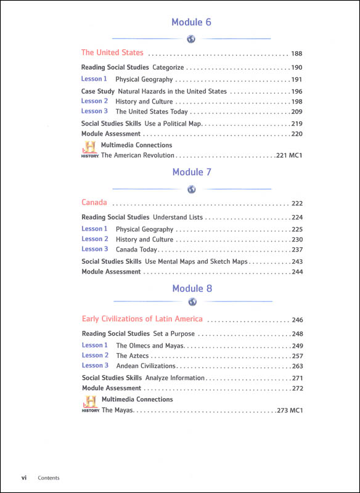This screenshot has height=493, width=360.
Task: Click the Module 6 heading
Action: tap(191, 23)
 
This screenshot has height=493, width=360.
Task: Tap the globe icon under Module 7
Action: tap(192, 189)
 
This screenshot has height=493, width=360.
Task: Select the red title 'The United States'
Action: tap(112, 53)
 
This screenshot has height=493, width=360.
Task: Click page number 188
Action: tap(297, 54)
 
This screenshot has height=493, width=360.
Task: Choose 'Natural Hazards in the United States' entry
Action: tap(171, 92)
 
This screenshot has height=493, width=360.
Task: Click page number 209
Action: tap(297, 112)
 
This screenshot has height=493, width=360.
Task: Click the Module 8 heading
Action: tap(192, 288)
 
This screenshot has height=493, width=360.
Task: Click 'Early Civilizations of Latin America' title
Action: tap(142, 319)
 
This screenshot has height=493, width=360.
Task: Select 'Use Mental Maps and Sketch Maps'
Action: tap(197, 262)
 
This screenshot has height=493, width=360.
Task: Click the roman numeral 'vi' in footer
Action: tap(23, 478)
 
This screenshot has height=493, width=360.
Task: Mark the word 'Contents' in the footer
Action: tap(49, 478)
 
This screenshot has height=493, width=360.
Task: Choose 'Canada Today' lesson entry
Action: tap(136, 250)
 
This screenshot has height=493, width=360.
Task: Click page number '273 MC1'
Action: tap(292, 410)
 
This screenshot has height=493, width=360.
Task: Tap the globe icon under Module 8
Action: tap(192, 302)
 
